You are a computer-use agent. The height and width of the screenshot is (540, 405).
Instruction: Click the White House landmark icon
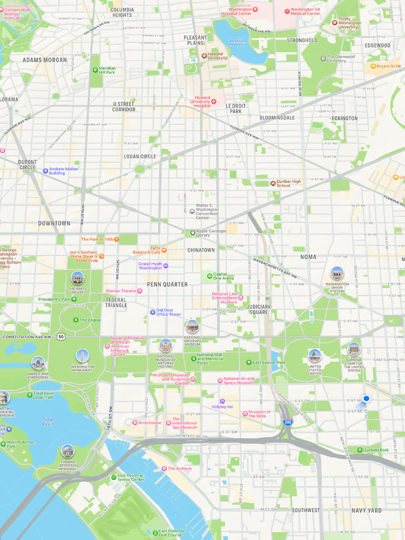point(77,277)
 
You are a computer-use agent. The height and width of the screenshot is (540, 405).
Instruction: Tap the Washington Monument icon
point(82,356)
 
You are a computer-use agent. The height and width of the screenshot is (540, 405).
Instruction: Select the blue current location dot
point(366,399)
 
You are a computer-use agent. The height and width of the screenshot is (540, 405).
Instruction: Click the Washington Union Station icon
point(337,273)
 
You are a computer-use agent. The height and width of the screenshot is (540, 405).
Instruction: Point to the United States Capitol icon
point(314,355)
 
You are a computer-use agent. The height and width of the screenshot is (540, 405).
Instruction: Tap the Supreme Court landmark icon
point(354,349)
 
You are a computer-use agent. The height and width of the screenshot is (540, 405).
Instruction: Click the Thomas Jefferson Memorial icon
point(67,451)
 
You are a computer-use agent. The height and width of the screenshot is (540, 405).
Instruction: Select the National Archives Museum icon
point(192,326)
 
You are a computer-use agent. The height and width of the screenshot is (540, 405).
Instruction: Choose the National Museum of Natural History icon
point(166,345)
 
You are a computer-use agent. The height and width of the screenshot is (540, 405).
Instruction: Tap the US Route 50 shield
point(62,336)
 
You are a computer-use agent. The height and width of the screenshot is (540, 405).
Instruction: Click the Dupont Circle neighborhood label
point(27,165)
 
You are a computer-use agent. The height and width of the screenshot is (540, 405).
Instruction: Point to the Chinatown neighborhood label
point(201,250)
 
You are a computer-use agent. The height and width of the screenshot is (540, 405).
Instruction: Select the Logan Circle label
point(140,157)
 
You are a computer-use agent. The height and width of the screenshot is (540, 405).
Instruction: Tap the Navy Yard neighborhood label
point(367,510)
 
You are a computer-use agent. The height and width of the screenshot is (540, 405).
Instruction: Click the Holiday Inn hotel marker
point(222,401)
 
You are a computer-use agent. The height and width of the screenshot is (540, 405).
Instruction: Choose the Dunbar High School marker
point(273,183)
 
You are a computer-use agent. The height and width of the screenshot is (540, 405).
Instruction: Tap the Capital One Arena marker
point(209,275)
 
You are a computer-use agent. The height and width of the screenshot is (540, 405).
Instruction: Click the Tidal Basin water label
point(47,421)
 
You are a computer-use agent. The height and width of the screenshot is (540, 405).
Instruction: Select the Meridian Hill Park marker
point(94,69)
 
